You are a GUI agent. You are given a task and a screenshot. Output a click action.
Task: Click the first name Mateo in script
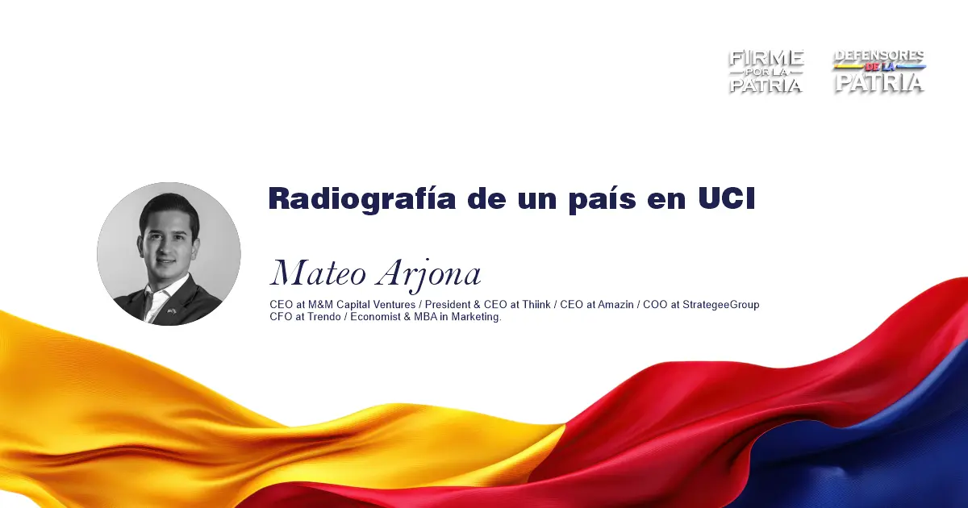[319, 273]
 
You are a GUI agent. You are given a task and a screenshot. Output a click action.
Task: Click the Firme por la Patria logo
[766, 71]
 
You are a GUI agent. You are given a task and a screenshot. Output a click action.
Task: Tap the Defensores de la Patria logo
[879, 71]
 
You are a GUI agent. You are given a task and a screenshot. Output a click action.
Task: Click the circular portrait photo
[169, 253]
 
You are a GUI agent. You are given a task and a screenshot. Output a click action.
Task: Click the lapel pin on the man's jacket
[172, 310]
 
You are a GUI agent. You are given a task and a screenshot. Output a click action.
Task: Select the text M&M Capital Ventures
[361, 305]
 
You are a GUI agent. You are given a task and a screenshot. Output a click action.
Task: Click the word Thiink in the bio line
[536, 305]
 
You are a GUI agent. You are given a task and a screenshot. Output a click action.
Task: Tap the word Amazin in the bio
[615, 305]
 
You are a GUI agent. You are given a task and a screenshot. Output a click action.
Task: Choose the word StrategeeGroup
[720, 305]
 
